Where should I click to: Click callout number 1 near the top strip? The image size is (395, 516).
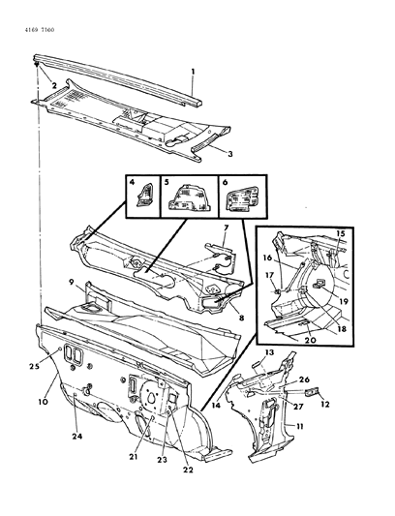click(x=194, y=72)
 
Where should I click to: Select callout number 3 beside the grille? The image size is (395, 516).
click(x=230, y=154)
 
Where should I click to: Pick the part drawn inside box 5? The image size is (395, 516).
click(x=190, y=197)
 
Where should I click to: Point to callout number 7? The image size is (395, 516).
click(x=226, y=228)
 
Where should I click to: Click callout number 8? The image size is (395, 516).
click(x=241, y=319)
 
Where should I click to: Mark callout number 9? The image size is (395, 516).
click(x=71, y=282)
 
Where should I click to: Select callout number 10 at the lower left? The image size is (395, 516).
click(x=44, y=402)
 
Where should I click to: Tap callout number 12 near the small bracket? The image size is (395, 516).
click(x=325, y=404)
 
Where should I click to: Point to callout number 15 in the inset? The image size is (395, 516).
click(x=341, y=233)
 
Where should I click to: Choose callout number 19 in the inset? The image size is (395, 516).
click(x=344, y=301)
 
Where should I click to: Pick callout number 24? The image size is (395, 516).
click(x=77, y=437)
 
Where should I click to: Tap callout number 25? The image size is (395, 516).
click(x=34, y=366)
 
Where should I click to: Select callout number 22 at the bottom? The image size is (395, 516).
click(x=188, y=470)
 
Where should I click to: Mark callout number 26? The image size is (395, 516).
click(x=304, y=379)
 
